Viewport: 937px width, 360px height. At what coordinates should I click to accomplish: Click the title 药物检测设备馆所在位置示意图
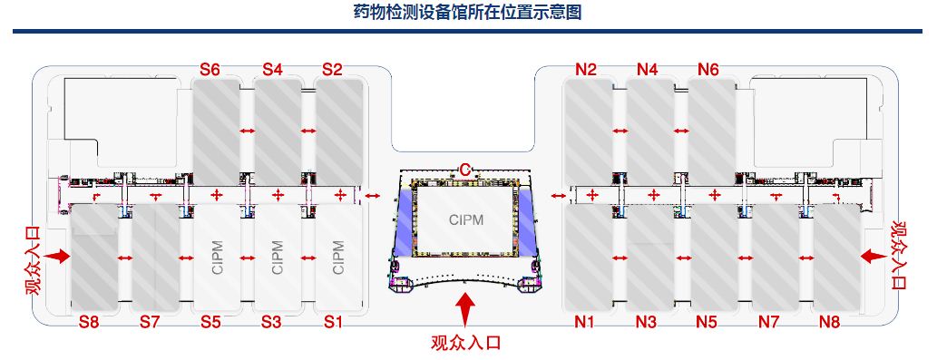click(x=467, y=13)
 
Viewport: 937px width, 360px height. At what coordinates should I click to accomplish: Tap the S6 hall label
click(x=210, y=69)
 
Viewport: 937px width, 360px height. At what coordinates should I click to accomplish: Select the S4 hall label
click(x=272, y=69)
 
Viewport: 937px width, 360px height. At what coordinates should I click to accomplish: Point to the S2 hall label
click(x=332, y=69)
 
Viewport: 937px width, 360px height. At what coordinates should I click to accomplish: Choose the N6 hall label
click(x=708, y=69)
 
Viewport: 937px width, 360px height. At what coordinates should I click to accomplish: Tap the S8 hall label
click(x=88, y=321)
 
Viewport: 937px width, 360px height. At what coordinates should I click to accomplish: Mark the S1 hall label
click(x=334, y=321)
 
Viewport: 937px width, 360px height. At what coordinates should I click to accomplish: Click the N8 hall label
click(x=830, y=321)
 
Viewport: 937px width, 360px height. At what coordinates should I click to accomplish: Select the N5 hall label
click(x=708, y=321)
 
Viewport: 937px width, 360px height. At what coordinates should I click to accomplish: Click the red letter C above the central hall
click(x=464, y=170)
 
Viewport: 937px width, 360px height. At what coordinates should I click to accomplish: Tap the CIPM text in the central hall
click(x=466, y=219)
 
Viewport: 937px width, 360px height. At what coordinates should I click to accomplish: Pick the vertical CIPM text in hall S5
click(x=217, y=258)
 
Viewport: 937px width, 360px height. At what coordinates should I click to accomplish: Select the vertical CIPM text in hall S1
click(x=338, y=258)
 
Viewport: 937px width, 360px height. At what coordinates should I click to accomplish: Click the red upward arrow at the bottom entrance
click(x=466, y=308)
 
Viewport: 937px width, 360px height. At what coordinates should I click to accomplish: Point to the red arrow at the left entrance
click(x=59, y=258)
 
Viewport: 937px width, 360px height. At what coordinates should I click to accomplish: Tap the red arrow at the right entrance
click(x=873, y=258)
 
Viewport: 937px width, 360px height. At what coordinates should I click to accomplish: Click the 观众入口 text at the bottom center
click(x=466, y=343)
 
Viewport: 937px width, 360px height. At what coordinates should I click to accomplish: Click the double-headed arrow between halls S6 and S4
click(x=247, y=131)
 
